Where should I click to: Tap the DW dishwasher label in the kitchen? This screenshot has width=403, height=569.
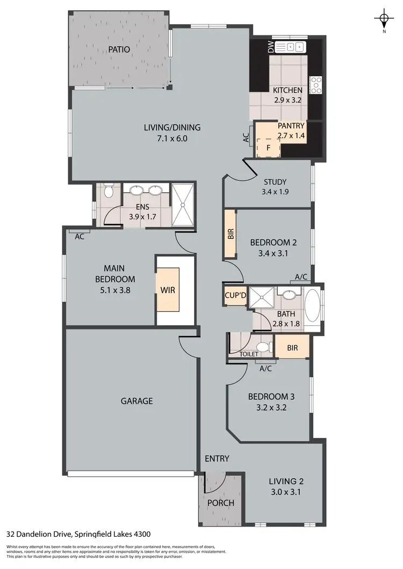(271, 47)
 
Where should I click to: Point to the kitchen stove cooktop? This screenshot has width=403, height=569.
(315, 84)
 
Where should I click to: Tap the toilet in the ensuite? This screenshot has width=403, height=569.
(107, 192)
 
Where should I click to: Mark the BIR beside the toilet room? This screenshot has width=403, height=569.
(292, 347)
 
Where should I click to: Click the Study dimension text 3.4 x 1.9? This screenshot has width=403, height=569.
(275, 191)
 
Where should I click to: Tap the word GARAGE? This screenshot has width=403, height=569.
(136, 400)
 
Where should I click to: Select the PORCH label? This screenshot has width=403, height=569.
(220, 503)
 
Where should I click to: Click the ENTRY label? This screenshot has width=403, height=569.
(217, 458)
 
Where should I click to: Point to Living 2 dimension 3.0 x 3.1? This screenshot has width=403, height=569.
(283, 492)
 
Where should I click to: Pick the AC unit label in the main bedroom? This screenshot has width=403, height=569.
(80, 236)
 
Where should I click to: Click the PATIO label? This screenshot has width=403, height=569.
(119, 49)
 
